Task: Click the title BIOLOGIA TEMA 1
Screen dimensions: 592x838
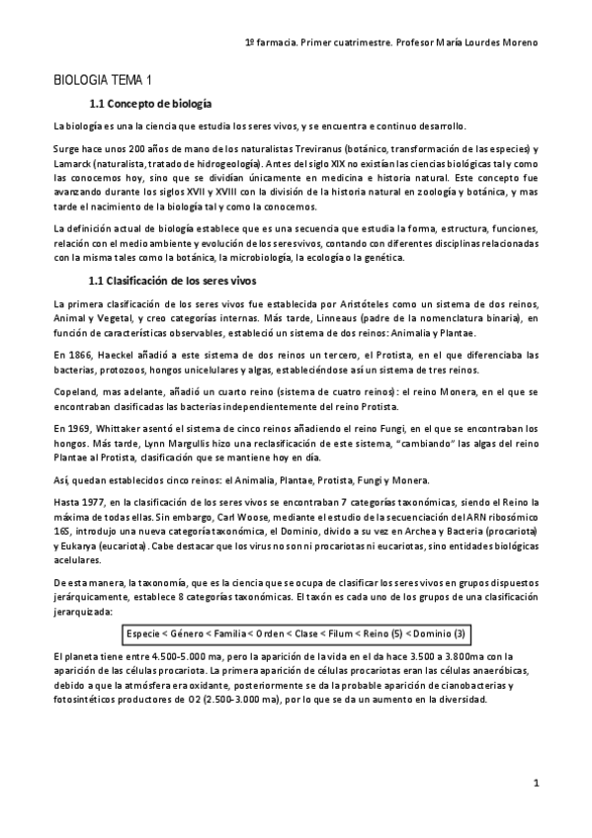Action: point(104,79)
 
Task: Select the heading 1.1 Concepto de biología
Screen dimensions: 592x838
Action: point(148,103)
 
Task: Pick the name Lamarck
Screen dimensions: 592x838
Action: point(76,159)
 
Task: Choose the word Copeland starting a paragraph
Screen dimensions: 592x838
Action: point(78,391)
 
